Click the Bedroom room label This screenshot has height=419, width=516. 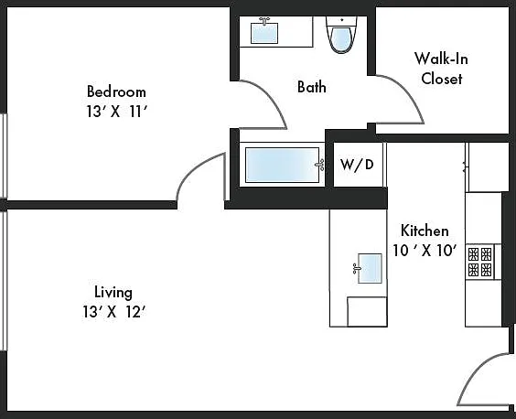point(116,91)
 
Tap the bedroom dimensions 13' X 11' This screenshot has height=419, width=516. point(116,112)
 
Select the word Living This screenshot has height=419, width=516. point(113,292)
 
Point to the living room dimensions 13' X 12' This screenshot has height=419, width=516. point(113,312)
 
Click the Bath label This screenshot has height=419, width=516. point(312,87)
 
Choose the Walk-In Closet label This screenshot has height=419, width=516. point(441,69)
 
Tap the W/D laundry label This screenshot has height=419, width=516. point(357,165)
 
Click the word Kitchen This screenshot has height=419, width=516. point(425,231)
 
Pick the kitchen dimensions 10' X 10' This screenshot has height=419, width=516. point(425,251)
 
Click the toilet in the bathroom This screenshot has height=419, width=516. point(341,35)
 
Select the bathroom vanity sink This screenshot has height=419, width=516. point(264,33)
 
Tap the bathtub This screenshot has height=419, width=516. point(282,165)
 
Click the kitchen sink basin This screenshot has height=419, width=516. point(370,268)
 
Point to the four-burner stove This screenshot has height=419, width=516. point(480,262)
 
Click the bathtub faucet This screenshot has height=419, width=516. point(320,165)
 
